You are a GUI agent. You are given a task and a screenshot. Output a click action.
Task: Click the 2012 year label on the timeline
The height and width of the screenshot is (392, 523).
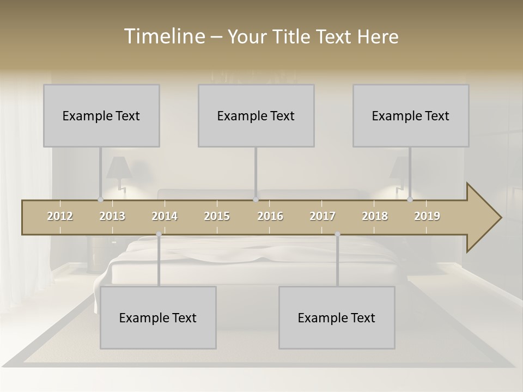(60, 216)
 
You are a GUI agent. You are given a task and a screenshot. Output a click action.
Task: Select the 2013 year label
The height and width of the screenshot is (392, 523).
(112, 216)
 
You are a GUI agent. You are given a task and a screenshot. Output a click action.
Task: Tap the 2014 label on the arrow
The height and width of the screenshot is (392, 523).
(165, 216)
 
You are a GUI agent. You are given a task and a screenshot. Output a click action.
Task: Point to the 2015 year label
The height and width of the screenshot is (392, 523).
(217, 216)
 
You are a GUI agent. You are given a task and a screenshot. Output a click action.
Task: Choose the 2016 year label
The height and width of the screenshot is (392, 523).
(270, 216)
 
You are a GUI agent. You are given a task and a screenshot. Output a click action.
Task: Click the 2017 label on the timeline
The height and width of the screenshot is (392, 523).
(323, 216)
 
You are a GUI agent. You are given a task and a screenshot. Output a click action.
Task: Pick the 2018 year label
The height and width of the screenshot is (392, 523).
(375, 216)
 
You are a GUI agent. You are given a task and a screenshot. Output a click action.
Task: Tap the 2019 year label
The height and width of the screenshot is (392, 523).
(427, 216)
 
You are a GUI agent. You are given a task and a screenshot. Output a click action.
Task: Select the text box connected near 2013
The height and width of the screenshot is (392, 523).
(101, 115)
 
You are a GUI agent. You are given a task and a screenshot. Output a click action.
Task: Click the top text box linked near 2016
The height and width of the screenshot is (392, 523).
(256, 115)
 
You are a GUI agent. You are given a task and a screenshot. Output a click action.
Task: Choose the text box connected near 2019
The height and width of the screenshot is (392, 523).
(411, 115)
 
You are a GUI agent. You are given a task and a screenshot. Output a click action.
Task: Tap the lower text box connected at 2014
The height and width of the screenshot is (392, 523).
(158, 317)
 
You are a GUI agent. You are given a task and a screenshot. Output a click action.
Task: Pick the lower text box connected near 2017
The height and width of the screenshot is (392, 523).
(337, 317)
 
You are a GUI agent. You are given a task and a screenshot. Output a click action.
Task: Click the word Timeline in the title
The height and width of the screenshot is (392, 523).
(163, 36)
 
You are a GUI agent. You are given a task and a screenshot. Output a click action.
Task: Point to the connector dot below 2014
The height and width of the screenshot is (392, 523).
(159, 234)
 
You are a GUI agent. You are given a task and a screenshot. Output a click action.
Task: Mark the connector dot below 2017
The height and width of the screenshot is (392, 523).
(337, 234)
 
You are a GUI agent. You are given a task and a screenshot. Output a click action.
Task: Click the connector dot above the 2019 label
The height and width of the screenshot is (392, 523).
(410, 200)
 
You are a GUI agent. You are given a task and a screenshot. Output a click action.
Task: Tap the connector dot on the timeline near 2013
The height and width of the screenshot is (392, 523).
(100, 200)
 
